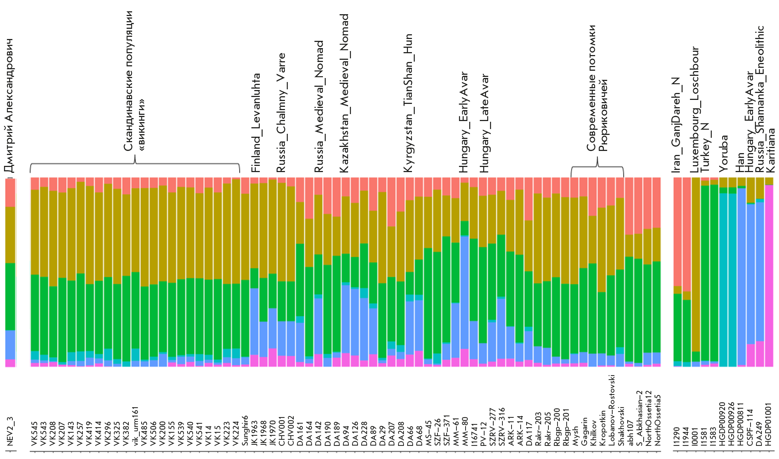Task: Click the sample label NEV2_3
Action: click(10, 431)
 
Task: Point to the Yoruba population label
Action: click(724, 153)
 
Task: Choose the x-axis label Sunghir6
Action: click(245, 430)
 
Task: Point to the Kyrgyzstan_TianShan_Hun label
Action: click(408, 103)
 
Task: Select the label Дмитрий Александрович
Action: click(9, 106)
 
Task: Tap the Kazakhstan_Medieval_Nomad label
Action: click(344, 93)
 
